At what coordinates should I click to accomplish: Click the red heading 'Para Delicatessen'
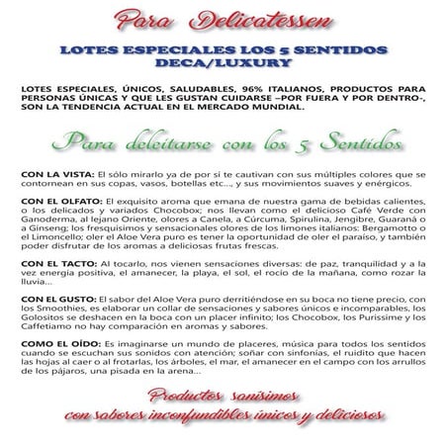[x=223, y=19]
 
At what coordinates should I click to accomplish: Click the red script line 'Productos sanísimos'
[x=223, y=398]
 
